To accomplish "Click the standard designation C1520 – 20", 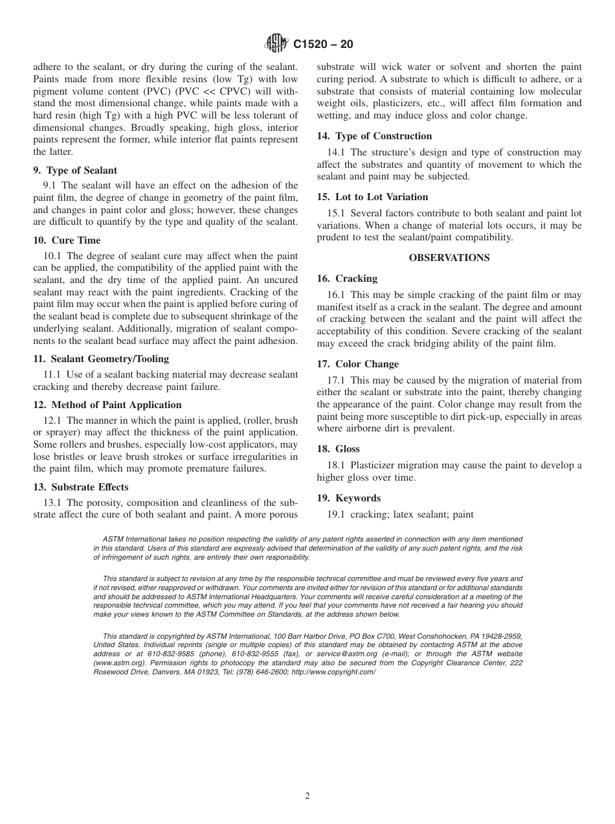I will [x=323, y=45].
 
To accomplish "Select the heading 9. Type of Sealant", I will [x=75, y=170].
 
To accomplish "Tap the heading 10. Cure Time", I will [x=67, y=240].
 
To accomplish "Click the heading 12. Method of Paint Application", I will [x=107, y=405].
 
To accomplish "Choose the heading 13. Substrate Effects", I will [x=80, y=487].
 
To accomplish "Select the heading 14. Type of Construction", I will [x=374, y=136].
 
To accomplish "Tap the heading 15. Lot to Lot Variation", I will [x=372, y=197].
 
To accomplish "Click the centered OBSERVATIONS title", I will [x=449, y=258].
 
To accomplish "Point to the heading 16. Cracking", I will [x=347, y=279].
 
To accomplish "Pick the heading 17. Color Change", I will [x=357, y=364].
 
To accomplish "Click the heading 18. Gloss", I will [x=338, y=449].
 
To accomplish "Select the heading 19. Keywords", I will [x=348, y=498].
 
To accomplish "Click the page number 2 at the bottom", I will [x=307, y=796].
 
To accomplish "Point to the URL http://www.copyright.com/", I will [x=333, y=672].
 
